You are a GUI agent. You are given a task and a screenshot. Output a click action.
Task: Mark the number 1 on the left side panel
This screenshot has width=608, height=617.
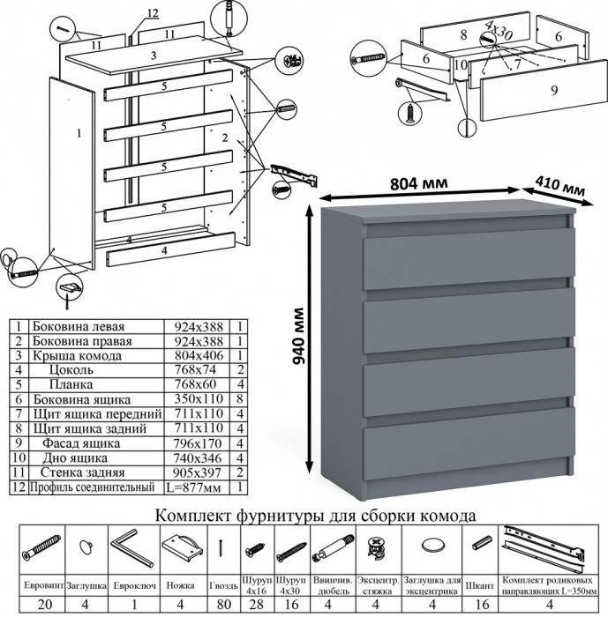click(78, 133)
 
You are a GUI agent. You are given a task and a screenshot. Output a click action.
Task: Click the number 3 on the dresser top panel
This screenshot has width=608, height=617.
click(153, 56)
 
